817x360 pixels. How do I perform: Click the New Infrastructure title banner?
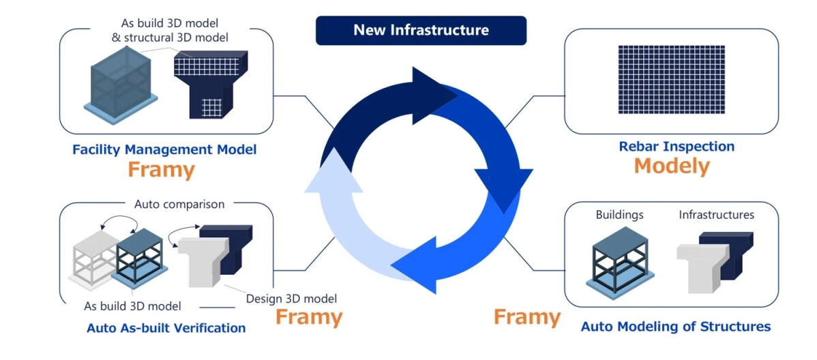421,31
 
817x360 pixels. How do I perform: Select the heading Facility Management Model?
164,149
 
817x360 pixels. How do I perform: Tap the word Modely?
672,166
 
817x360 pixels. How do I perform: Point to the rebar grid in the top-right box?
671,80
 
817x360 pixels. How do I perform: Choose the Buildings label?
619,215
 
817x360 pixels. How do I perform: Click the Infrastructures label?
716,215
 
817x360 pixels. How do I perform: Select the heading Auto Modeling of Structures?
675,327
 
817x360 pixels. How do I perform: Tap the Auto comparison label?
179,204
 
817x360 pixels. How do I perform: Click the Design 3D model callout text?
291,298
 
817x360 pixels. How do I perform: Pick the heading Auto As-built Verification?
166,328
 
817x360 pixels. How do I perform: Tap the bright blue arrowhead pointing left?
416,262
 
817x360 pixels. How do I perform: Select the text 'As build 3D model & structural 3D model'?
170,30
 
